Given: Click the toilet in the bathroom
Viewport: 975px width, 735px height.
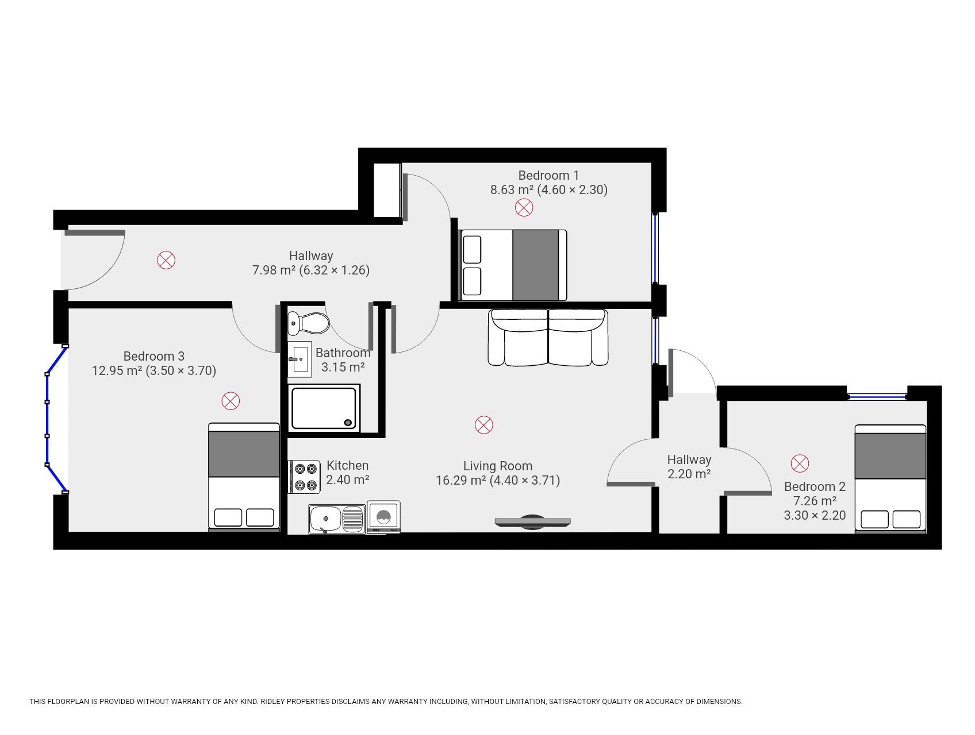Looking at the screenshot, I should [x=309, y=323].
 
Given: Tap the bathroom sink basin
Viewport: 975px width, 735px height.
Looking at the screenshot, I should [x=300, y=359].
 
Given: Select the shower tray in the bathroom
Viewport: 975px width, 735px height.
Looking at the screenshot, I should [x=324, y=408].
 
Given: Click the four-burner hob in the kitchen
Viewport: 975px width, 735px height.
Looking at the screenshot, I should [x=304, y=477].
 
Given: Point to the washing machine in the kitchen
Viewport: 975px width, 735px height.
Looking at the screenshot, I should [x=383, y=517].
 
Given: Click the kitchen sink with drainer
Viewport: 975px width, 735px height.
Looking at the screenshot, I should [x=336, y=519].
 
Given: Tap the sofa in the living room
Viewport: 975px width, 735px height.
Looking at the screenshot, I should [x=548, y=338].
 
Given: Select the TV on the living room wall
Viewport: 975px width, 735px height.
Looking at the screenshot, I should [x=532, y=522].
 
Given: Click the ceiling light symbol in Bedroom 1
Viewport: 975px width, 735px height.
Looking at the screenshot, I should [x=524, y=207].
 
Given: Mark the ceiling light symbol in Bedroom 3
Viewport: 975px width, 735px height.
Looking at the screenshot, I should [x=231, y=401].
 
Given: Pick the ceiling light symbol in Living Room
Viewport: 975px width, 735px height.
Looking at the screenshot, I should [x=484, y=425].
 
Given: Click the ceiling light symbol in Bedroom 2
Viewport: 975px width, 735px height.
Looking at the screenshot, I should [x=800, y=463].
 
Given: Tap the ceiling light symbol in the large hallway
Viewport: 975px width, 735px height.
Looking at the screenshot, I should [x=166, y=260].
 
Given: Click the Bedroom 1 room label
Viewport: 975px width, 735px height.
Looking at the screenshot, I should [x=548, y=175].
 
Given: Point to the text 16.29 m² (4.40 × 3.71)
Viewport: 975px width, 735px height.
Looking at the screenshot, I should [x=498, y=481].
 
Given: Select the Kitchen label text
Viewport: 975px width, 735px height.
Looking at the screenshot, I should [x=347, y=465].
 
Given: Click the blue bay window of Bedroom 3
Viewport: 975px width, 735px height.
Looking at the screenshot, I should [x=48, y=419].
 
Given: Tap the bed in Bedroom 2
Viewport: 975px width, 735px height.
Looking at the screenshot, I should [x=890, y=478].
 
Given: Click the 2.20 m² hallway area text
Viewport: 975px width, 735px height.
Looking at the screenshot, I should [x=689, y=474].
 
